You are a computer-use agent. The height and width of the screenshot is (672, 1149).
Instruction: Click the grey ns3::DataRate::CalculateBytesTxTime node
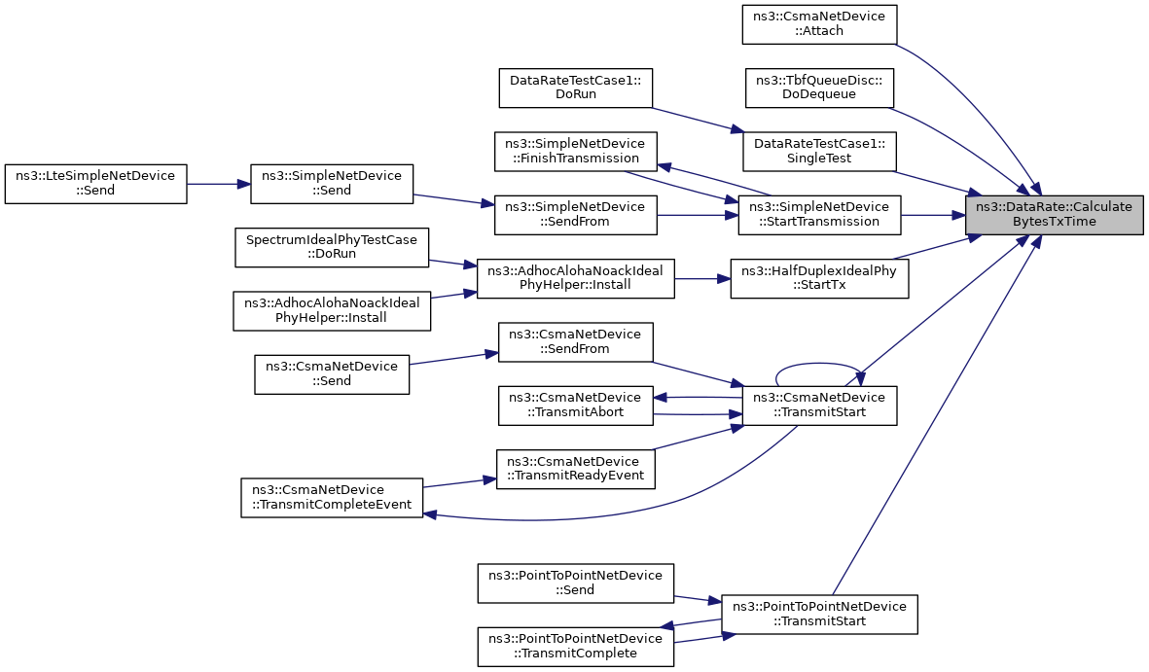[1054, 215]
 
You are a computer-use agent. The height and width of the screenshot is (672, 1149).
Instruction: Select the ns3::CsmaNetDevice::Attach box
[819, 24]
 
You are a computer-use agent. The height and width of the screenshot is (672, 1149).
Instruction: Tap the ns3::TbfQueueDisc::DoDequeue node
[819, 88]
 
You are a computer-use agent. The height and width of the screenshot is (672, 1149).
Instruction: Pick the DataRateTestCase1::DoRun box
[576, 88]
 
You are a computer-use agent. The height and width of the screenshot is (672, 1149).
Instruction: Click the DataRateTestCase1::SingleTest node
[819, 152]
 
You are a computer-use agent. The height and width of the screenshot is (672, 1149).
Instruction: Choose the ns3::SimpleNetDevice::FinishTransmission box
[576, 152]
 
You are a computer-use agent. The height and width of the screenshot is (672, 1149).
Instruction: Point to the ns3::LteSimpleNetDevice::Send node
[96, 184]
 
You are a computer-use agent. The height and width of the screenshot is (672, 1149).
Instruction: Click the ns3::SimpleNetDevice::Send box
[332, 184]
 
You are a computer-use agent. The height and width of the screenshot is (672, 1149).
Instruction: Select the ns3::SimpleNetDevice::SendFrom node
[576, 215]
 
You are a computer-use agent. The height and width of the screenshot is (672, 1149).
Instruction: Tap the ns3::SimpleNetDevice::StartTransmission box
[819, 215]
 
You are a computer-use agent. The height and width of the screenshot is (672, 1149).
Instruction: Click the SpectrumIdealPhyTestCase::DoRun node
[332, 248]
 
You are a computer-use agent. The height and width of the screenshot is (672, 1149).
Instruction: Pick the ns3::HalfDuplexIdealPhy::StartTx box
[819, 278]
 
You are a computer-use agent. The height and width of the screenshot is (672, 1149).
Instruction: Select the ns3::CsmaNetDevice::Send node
[332, 374]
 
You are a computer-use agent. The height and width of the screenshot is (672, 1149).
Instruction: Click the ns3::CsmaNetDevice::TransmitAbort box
[576, 406]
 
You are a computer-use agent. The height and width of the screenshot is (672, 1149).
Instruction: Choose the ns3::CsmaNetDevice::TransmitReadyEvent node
[576, 469]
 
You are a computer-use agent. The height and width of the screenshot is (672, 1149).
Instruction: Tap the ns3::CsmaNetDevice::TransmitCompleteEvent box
[332, 498]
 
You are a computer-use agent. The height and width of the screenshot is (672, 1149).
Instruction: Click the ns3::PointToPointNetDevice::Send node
[576, 584]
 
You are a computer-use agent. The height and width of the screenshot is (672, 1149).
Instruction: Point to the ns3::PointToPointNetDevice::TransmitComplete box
[576, 647]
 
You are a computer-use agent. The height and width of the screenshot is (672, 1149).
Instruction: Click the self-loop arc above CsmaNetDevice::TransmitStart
[819, 364]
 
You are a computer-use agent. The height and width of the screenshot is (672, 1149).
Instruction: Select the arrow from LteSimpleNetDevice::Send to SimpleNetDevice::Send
[219, 184]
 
